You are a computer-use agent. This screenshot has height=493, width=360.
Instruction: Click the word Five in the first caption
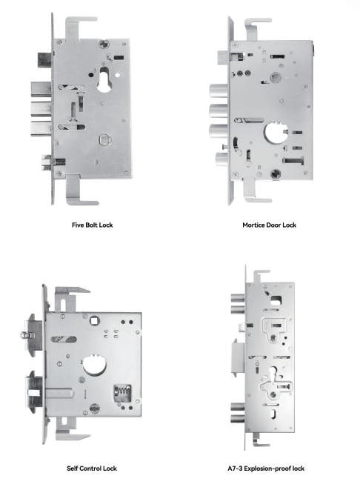pos(78,225)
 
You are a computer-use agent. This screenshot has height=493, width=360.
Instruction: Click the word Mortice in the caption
pos(254,225)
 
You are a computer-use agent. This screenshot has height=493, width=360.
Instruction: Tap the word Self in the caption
pos(73,469)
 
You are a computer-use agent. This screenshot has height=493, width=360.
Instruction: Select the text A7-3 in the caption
pos(235,469)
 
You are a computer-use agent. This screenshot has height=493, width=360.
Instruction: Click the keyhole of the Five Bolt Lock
pos(104,79)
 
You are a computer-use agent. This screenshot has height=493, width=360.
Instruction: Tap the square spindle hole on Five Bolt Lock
pos(104,139)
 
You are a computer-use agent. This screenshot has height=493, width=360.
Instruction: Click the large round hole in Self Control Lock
pos(94,365)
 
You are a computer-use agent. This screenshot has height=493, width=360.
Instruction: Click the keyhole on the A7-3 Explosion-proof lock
pos(272,373)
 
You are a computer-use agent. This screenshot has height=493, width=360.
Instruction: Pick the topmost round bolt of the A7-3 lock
pos(238,298)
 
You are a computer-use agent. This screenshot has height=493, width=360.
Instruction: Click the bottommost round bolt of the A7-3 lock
pos(238,419)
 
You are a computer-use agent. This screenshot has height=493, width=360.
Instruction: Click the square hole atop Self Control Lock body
pos(94,321)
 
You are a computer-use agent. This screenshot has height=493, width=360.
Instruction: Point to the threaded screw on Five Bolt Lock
pos(60,162)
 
